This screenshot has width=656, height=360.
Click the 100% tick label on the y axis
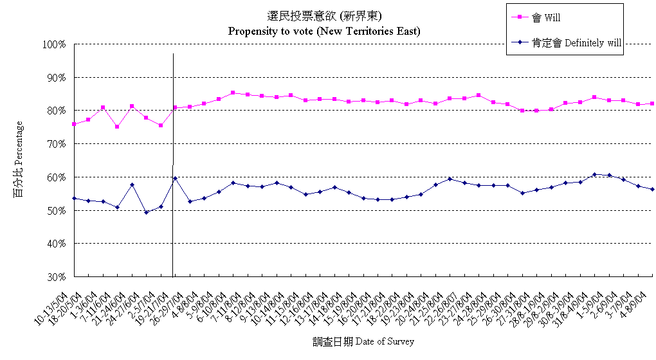click(54, 44)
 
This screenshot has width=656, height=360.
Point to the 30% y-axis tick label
click(57, 277)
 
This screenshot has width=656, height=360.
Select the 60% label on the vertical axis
click(57, 177)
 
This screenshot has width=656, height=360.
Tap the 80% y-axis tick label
click(57, 111)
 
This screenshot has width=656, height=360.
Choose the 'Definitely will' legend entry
click(566, 43)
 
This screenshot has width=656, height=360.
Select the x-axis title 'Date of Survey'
click(364, 341)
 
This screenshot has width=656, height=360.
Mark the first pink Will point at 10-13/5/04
click(74, 124)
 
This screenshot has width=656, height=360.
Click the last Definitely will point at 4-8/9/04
click(652, 189)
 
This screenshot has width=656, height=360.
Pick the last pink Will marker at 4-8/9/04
click(652, 104)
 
